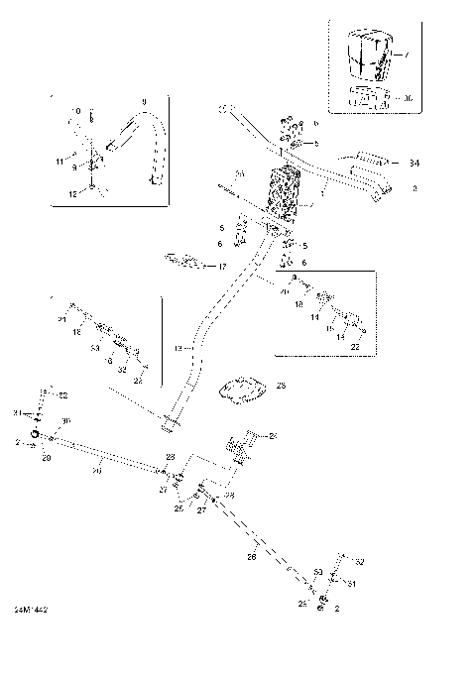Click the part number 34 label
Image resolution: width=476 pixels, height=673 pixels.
pos(415,163)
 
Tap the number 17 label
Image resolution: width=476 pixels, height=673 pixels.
pos(222,267)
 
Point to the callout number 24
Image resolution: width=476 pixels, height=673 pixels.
pos(273,436)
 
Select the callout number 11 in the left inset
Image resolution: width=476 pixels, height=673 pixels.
pos(59,161)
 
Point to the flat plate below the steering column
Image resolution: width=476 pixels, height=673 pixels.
pos(242,390)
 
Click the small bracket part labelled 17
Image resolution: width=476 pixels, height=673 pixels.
pos(185,262)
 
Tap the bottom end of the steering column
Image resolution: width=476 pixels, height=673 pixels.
pos(172,423)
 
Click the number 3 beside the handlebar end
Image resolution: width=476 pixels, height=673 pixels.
pos(414,186)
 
